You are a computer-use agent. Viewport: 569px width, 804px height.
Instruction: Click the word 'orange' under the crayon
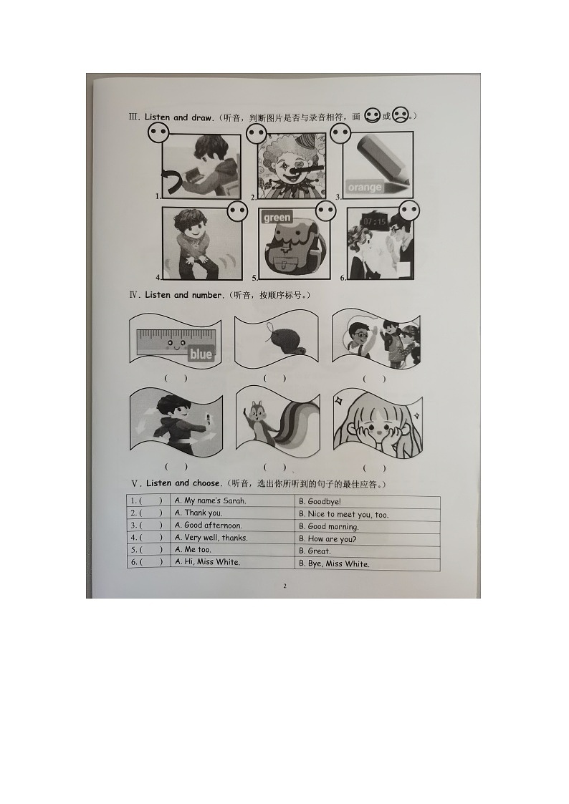[x=365, y=188]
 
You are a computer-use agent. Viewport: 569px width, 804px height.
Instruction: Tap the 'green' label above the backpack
[x=277, y=217]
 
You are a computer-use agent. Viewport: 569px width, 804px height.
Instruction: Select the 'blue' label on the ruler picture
[x=201, y=354]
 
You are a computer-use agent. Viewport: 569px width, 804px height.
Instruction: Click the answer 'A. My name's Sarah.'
[x=211, y=501]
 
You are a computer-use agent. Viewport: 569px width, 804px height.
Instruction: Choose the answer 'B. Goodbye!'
[x=320, y=502]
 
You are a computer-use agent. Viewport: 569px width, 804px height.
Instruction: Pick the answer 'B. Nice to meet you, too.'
[x=343, y=514]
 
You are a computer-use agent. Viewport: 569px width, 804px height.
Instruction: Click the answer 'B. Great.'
[x=315, y=551]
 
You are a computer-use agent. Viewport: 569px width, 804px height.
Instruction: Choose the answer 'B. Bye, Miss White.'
[x=334, y=563]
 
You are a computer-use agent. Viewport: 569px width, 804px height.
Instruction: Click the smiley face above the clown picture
[x=256, y=134]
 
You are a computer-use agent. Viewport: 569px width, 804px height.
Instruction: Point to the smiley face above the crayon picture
[x=340, y=133]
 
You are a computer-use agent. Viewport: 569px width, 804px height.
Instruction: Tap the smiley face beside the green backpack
[x=325, y=211]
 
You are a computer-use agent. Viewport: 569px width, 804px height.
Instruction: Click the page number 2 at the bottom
[x=284, y=586]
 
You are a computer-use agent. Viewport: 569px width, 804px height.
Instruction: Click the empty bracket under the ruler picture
[x=176, y=378]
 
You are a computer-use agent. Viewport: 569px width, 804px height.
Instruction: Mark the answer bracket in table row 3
[x=150, y=525]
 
